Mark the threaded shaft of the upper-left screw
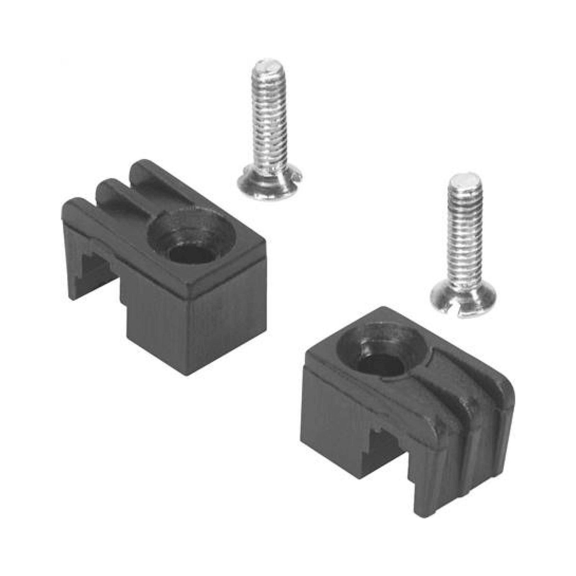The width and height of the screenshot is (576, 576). tap(268, 125)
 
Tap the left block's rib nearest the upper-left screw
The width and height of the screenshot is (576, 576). tap(155, 179)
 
